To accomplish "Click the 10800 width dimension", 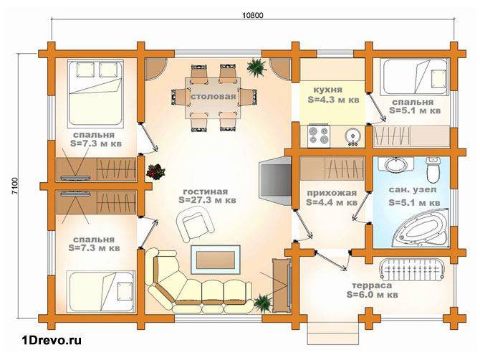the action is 253,15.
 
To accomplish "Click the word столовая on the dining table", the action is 213,97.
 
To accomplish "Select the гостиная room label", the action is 206,191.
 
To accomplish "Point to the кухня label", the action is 328,90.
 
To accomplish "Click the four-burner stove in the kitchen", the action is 318,136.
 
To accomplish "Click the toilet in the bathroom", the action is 433,169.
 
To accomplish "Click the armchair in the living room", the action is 195,224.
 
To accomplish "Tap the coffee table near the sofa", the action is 216,260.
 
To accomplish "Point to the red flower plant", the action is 155,172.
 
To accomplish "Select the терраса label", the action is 372,285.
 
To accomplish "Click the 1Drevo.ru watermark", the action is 52,340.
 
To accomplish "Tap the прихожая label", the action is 332,193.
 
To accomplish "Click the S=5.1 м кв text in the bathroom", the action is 415,202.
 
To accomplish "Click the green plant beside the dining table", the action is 256,68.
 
